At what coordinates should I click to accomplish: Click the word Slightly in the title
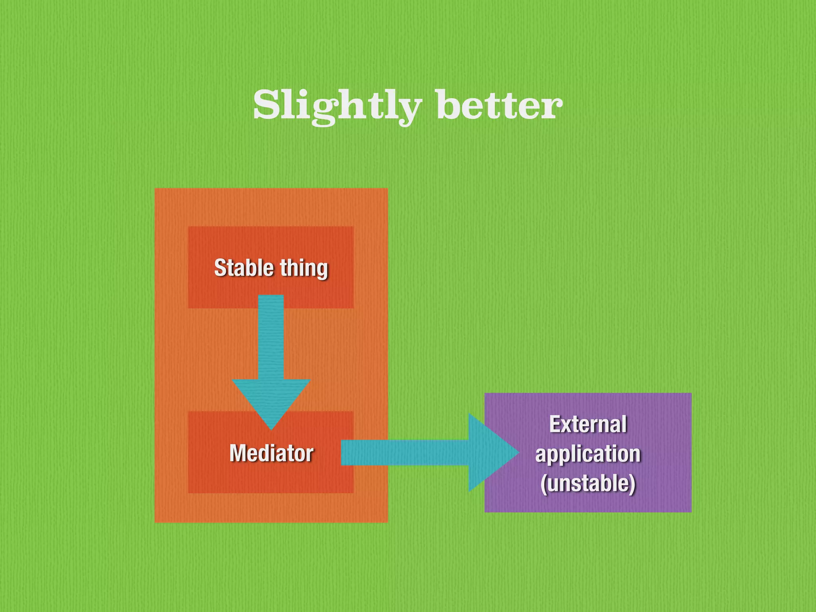pyautogui.click(x=337, y=105)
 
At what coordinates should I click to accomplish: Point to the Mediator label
pyautogui.click(x=271, y=453)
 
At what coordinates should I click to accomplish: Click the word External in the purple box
pyautogui.click(x=588, y=424)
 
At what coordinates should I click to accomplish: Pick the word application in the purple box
pyautogui.click(x=588, y=454)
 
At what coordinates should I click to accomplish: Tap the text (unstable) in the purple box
pyautogui.click(x=588, y=483)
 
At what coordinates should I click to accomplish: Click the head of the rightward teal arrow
pyautogui.click(x=490, y=453)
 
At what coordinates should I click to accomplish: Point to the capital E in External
pyautogui.click(x=555, y=424)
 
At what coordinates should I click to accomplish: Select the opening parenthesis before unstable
pyautogui.click(x=543, y=483)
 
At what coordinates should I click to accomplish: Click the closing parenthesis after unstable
pyautogui.click(x=632, y=483)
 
